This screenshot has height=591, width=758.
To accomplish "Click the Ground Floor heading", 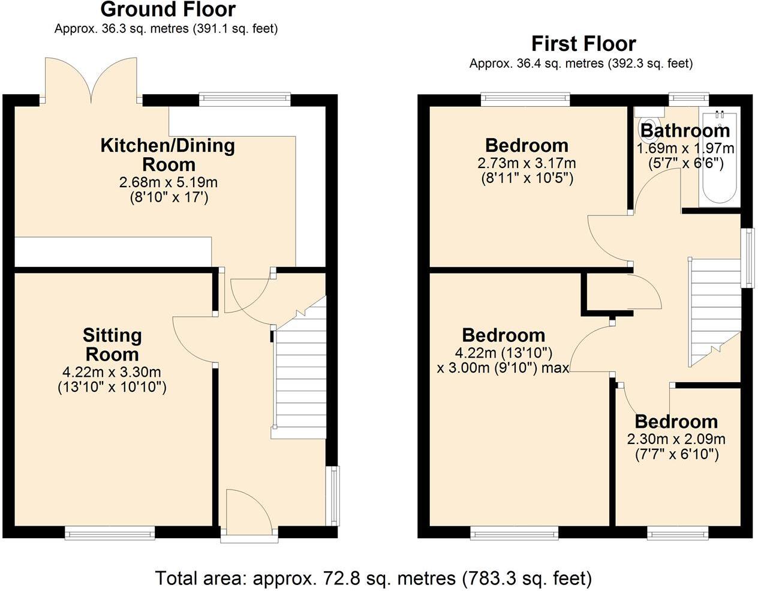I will (168, 10).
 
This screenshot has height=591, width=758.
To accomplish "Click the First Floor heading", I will (583, 44).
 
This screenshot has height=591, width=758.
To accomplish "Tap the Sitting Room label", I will (112, 344).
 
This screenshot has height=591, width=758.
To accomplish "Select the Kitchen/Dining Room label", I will (167, 154).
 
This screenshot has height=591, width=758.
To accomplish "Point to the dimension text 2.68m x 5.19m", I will (168, 182).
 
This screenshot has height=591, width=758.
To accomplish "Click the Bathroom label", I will (685, 130).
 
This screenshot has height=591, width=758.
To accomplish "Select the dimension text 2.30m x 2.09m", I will (676, 439).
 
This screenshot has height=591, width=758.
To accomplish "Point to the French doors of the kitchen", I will (91, 81).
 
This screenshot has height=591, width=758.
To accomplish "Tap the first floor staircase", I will (714, 312).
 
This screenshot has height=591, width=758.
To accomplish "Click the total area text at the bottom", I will (373, 578).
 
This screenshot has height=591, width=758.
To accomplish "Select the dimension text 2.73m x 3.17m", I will (527, 163).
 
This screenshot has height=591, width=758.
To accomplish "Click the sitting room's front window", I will (110, 532).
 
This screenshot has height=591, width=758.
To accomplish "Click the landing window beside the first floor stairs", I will (747, 258).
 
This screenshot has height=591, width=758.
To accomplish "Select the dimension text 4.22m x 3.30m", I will (112, 372).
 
